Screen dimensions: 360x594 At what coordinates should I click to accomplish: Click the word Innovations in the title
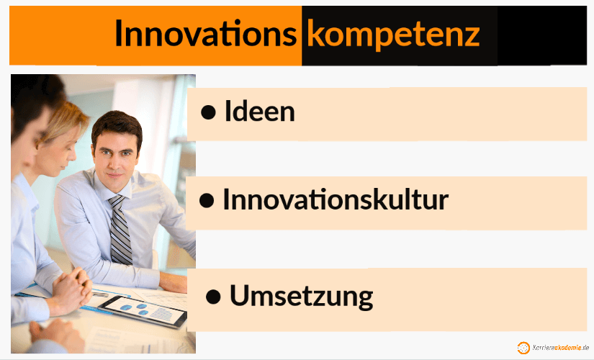[x=205, y=34]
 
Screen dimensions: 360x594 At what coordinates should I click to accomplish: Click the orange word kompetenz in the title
[x=392, y=34]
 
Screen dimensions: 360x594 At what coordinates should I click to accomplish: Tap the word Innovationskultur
[x=335, y=199]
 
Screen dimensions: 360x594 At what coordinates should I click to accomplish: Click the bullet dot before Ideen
[x=209, y=112]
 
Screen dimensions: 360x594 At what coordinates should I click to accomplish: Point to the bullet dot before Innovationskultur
[x=207, y=201]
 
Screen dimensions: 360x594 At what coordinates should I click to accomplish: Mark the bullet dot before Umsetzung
[x=213, y=297]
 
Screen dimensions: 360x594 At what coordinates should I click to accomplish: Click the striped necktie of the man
[x=120, y=229]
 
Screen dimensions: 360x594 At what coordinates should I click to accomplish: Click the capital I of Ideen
[x=228, y=112]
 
